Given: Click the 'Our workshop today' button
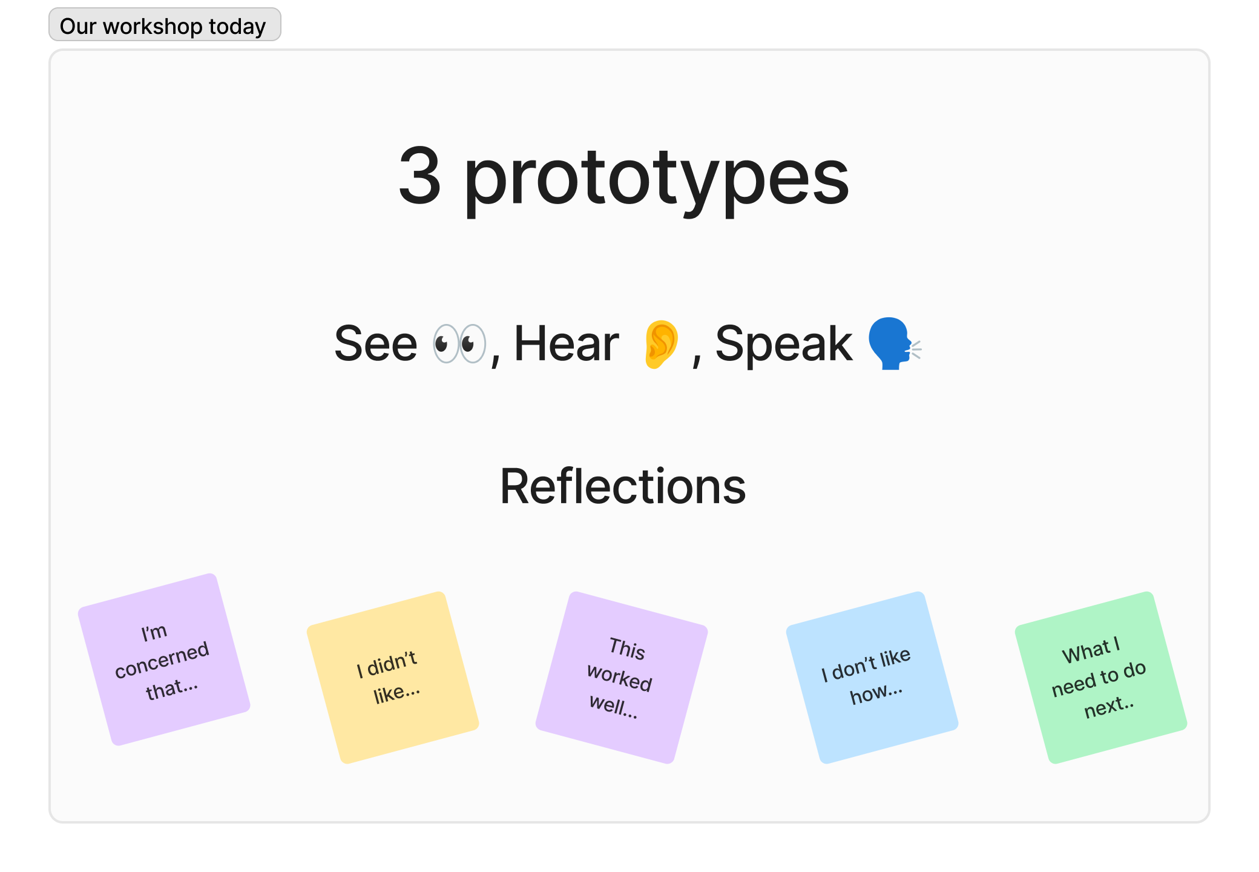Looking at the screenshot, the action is (165, 25).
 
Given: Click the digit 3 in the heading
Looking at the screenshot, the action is (419, 176).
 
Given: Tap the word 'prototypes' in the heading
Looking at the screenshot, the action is (657, 181).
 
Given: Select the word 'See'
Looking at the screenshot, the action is (376, 343).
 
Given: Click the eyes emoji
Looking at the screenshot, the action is (459, 344).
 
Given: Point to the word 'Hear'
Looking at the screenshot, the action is (567, 343).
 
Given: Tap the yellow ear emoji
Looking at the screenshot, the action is (661, 344).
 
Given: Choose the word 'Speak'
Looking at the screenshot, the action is (784, 345).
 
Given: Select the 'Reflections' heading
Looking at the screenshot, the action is (623, 486).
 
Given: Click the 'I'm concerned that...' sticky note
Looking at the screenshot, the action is (164, 659).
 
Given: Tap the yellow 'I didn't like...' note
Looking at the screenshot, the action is (393, 678).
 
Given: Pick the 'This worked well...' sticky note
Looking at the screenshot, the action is (622, 678).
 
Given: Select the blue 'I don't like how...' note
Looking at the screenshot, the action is (872, 678).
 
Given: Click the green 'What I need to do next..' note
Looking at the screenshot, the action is (1101, 678).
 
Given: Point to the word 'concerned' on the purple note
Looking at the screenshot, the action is (162, 659).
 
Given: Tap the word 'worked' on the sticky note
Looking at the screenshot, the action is (620, 678).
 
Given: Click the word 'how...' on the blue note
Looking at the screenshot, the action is (876, 693).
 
